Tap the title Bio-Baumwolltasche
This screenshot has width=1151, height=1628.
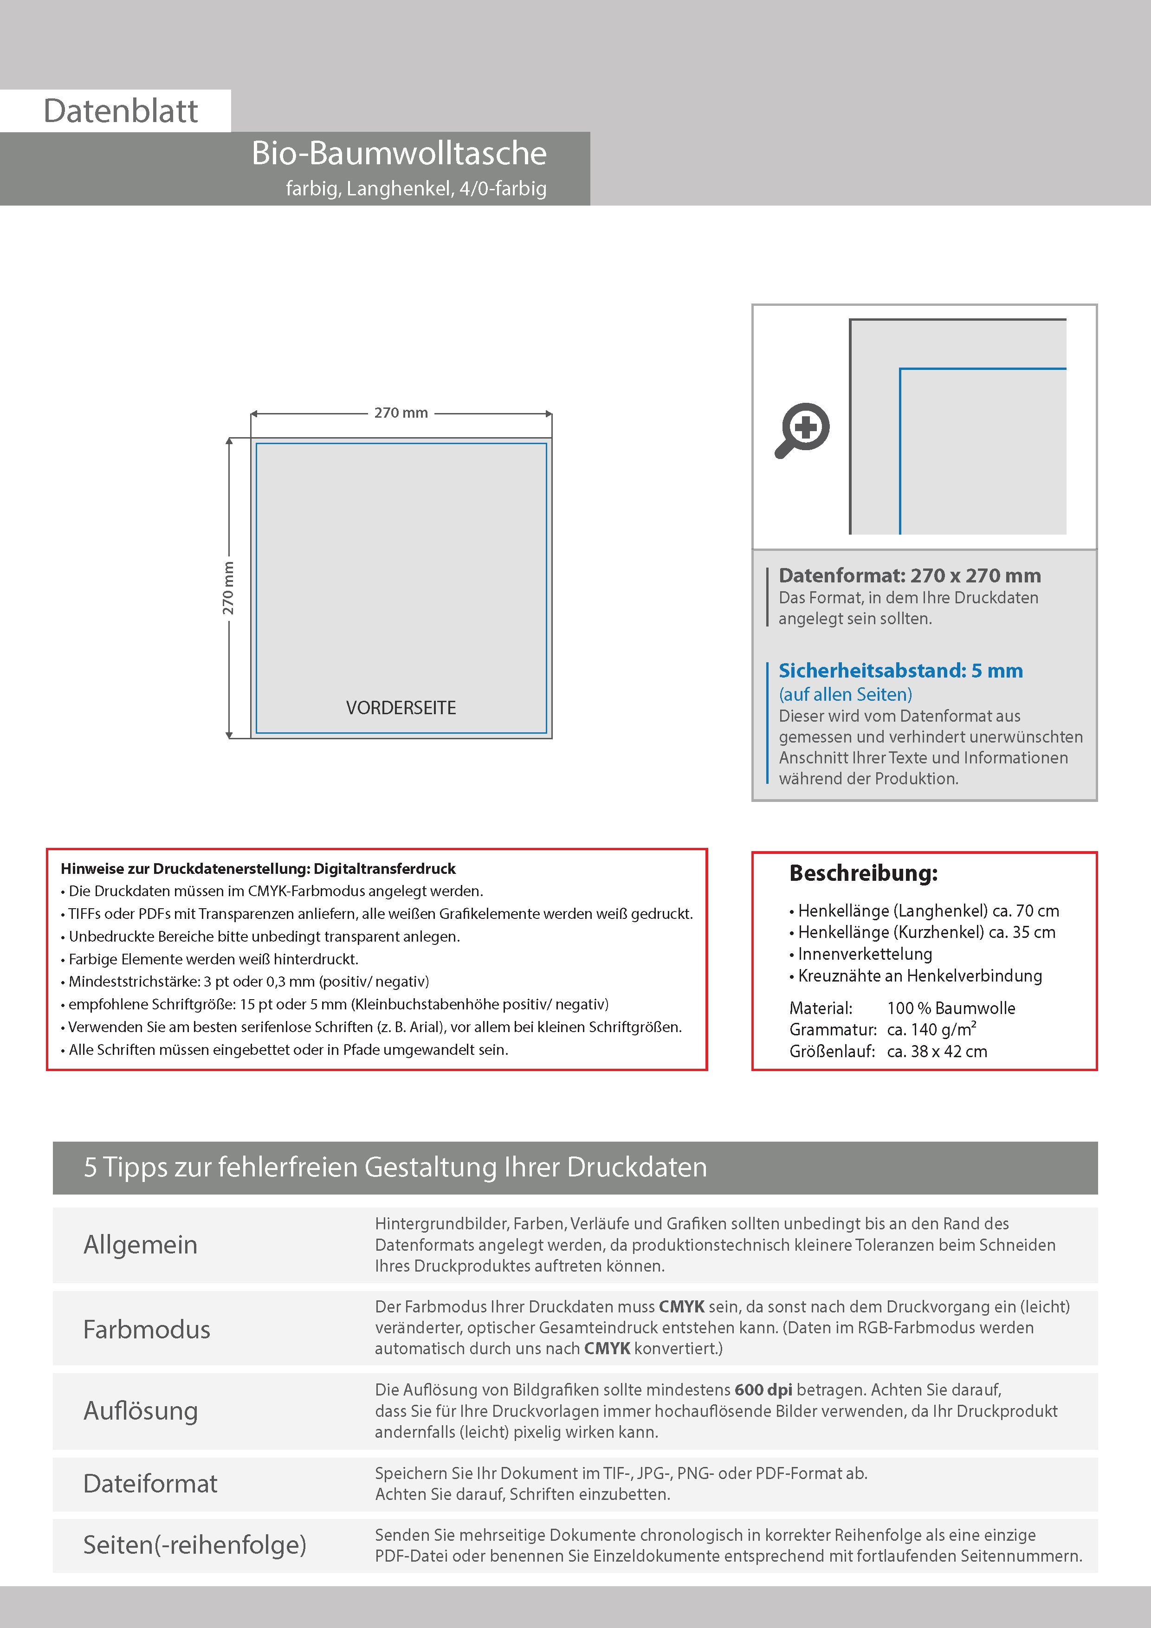click(399, 153)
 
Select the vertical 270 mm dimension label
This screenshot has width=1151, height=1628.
click(227, 588)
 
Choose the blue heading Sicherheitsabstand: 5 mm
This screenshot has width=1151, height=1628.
click(900, 670)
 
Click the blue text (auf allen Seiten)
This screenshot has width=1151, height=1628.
click(845, 694)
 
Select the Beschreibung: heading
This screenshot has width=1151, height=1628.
click(863, 873)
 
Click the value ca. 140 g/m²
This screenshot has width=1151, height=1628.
click(931, 1029)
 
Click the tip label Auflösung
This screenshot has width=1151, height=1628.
click(141, 1410)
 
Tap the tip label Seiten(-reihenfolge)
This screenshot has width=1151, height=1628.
click(194, 1544)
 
